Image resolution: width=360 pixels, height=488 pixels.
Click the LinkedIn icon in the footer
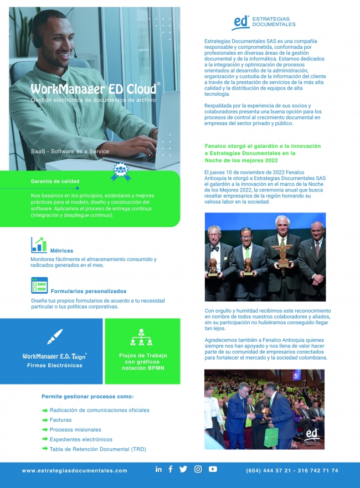[x=158, y=469]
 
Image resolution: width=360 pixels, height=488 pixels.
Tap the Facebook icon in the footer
[x=170, y=469]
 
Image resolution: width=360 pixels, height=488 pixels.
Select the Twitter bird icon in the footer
[x=183, y=469]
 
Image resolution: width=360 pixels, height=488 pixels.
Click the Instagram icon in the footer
[x=198, y=469]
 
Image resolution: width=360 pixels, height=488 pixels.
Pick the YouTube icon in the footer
[x=213, y=469]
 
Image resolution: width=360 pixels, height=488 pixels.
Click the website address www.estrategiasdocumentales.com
[x=74, y=471]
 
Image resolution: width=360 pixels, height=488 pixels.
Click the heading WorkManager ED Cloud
[x=93, y=89]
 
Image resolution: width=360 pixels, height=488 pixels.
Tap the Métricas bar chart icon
[x=39, y=245]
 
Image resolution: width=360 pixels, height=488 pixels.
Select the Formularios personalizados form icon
[x=39, y=285]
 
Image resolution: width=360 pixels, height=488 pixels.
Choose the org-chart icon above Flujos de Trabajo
[x=142, y=338]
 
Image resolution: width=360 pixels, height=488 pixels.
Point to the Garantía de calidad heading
[x=55, y=181]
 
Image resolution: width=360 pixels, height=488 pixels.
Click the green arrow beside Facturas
[x=45, y=420]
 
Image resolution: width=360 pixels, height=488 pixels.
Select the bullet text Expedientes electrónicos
[x=81, y=439]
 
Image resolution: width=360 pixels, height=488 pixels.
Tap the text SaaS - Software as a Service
[x=70, y=151]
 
